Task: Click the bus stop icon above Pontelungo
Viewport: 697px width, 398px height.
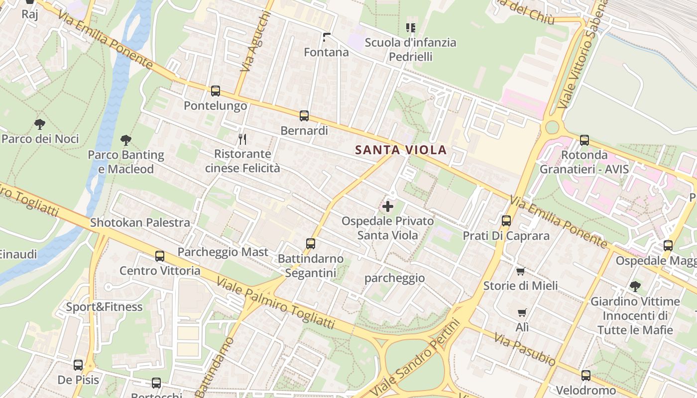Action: (215, 91)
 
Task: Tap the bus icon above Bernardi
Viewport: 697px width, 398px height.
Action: (304, 116)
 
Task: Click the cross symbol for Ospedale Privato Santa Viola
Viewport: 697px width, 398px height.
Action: (387, 206)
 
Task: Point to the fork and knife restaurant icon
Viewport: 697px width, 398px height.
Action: (242, 139)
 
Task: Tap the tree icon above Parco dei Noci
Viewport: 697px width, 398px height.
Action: (40, 124)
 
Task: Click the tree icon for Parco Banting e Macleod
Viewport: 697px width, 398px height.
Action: (125, 140)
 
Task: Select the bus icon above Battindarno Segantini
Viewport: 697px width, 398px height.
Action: (311, 244)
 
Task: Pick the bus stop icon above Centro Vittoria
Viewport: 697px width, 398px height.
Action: (159, 256)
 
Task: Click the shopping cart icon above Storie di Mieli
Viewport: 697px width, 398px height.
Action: (520, 271)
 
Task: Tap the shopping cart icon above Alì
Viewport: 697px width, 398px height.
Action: (522, 313)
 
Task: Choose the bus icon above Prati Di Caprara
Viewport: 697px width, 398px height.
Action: (506, 221)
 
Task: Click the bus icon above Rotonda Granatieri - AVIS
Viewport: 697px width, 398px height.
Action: (584, 140)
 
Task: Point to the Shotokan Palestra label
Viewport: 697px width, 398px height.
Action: (140, 222)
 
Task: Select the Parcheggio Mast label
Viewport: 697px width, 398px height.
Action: (223, 252)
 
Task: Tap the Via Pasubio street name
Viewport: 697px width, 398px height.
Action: (524, 349)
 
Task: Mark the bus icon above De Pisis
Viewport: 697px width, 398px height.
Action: (78, 365)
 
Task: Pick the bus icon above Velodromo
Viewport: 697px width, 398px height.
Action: (585, 376)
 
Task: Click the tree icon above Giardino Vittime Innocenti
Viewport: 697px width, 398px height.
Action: (634, 286)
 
